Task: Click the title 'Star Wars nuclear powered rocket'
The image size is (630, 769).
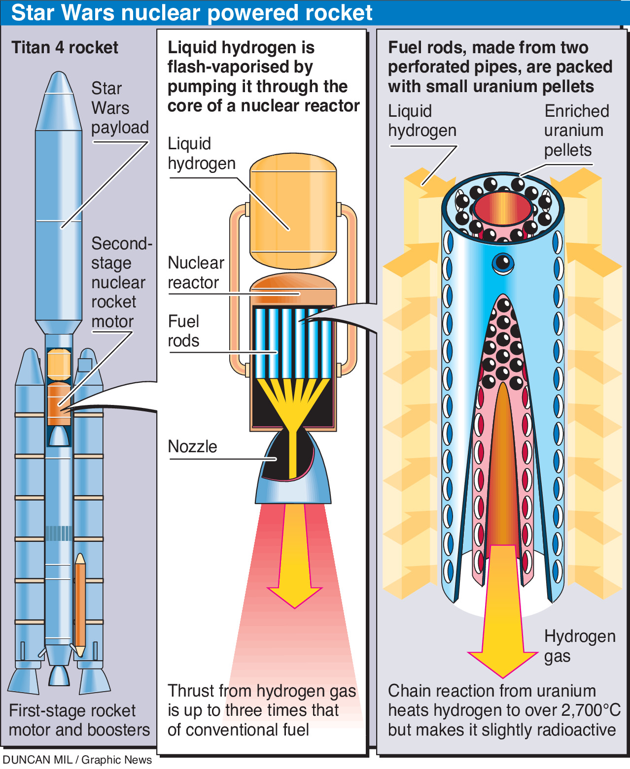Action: coord(191,13)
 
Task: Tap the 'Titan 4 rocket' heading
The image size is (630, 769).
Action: coord(65,47)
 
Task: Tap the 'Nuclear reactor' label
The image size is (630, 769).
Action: coord(196,272)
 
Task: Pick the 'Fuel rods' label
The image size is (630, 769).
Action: coord(183,331)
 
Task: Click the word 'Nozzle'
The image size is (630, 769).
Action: coord(192,446)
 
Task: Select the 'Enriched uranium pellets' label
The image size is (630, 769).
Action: coord(576,131)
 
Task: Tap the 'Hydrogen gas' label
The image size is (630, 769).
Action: coord(579,646)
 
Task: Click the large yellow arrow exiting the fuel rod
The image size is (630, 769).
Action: coord(503,616)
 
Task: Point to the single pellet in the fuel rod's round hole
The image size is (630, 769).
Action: coord(503,263)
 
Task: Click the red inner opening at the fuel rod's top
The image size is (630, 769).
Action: coord(502,207)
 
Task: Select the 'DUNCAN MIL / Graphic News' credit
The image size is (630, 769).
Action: coord(77,760)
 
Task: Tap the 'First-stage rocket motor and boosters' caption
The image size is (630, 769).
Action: coord(79,720)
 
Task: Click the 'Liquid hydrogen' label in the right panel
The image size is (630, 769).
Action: coord(421,121)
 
